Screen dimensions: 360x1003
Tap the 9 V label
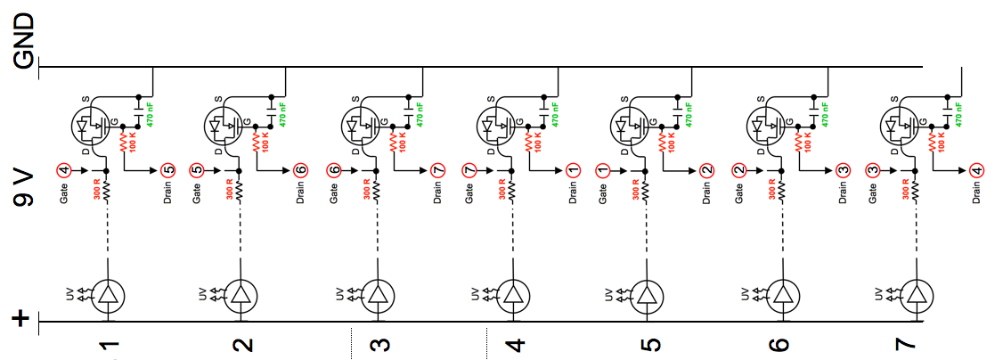24,186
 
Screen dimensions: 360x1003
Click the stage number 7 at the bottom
915,344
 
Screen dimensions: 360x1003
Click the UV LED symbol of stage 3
378,295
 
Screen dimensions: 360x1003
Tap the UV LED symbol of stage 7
916,295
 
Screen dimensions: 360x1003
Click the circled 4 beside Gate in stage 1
63,168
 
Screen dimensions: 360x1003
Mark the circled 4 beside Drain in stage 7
977,169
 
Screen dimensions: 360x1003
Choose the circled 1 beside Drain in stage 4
573,169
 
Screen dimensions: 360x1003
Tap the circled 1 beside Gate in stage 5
603,168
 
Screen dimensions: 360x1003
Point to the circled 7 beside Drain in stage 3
437,169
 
